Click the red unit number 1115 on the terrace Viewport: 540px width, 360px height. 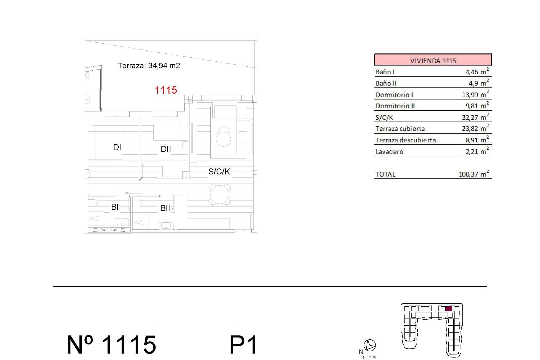[x=166, y=90]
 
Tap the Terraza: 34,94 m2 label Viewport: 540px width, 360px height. [x=149, y=66]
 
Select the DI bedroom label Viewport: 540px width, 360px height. [x=117, y=147]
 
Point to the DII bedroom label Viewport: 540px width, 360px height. [x=166, y=149]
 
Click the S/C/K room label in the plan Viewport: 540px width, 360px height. [x=219, y=172]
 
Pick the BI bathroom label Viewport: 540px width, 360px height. [x=115, y=207]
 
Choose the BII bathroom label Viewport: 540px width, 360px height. [x=165, y=208]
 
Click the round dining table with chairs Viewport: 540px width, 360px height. [x=220, y=194]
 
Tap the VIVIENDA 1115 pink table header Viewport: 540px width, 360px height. [x=433, y=60]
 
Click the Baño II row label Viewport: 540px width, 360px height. [x=386, y=84]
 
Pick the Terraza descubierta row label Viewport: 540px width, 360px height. [x=406, y=140]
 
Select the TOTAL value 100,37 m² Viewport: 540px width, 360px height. [x=474, y=174]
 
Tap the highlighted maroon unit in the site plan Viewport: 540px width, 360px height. [x=449, y=309]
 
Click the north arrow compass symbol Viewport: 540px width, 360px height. [x=370, y=345]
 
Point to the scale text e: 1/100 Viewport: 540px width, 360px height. [x=369, y=357]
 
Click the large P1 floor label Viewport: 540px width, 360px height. [x=243, y=345]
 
